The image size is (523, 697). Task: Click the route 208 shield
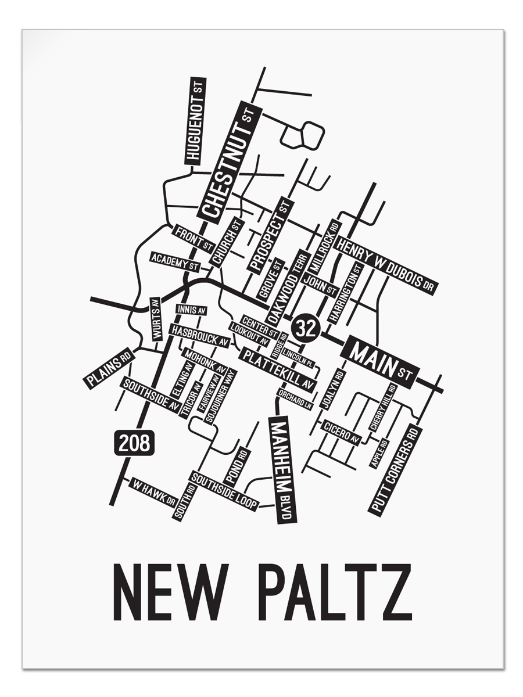coord(134,444)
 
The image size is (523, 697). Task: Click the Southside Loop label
coord(224,491)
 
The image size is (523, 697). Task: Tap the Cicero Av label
coord(342,432)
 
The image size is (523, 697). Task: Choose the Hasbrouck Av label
coord(199,336)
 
